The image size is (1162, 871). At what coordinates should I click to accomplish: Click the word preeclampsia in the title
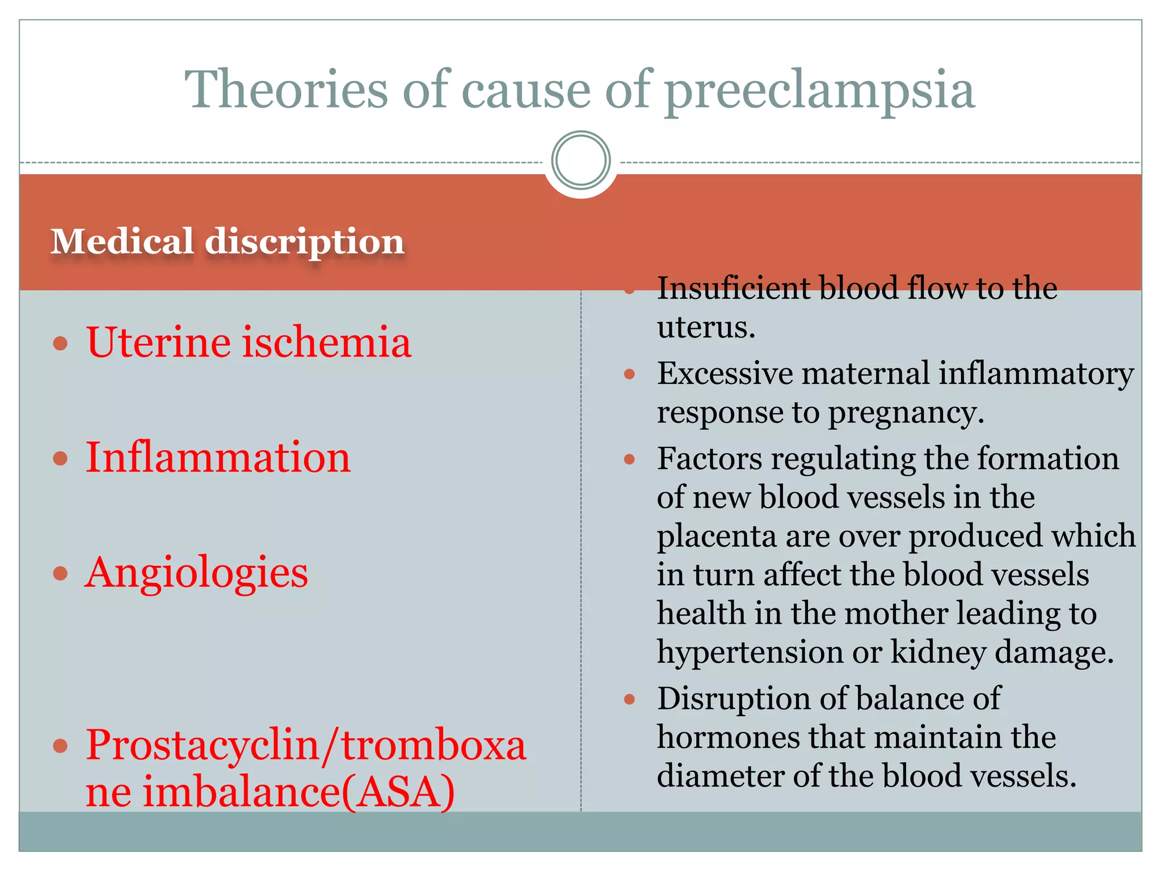(819, 91)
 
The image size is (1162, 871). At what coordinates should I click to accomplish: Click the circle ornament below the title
(580, 160)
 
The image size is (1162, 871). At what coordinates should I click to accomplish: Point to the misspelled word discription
(304, 243)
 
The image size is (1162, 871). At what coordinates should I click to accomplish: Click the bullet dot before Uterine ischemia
(60, 343)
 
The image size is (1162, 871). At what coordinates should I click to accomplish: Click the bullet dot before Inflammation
(60, 458)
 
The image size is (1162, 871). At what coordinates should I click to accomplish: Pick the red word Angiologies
(196, 573)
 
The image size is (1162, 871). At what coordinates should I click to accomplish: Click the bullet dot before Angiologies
(60, 573)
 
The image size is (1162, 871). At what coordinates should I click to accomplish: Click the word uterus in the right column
(705, 327)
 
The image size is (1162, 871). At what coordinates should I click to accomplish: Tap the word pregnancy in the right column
(906, 413)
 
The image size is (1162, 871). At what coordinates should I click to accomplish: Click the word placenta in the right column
(715, 536)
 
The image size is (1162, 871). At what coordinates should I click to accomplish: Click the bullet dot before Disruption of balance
(629, 699)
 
